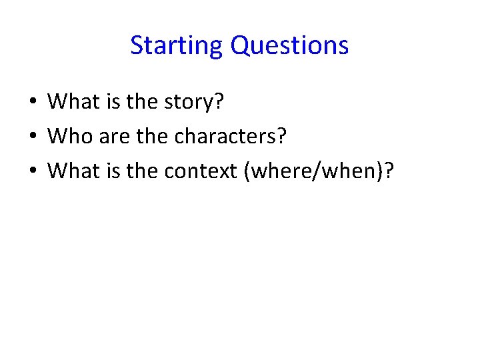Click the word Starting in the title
pyautogui.click(x=177, y=46)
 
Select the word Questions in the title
pyautogui.click(x=289, y=46)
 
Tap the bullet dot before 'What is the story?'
pyautogui.click(x=33, y=103)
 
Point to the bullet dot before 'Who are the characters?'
pyautogui.click(x=33, y=137)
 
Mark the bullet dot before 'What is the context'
pyautogui.click(x=33, y=172)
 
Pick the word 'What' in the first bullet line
pyautogui.click(x=72, y=102)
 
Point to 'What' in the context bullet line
pyautogui.click(x=72, y=171)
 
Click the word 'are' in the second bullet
pyautogui.click(x=111, y=137)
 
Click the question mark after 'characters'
pyautogui.click(x=281, y=137)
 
